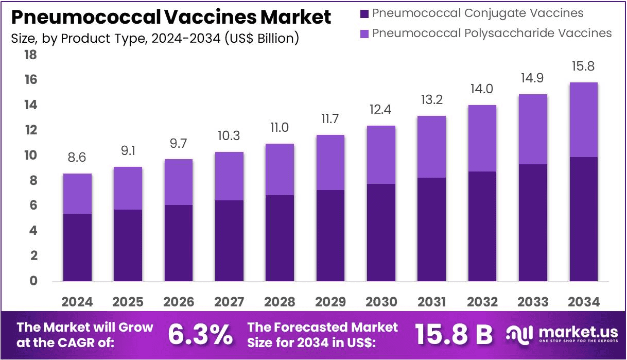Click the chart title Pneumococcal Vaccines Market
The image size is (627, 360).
[x=170, y=18]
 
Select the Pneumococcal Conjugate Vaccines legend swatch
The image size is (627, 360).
[x=364, y=13]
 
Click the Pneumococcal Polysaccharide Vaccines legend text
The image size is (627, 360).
[x=492, y=33]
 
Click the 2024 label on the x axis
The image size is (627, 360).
[x=77, y=302]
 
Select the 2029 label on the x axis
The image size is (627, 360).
[x=330, y=302]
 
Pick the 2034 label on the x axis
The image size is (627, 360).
[x=583, y=302]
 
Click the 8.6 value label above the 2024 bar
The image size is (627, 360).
[x=77, y=158]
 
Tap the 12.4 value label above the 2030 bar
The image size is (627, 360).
[x=381, y=110]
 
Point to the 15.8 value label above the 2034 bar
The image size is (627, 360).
[x=583, y=66]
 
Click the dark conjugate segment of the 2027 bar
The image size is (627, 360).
[x=229, y=241]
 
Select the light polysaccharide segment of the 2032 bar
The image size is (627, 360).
[x=482, y=138]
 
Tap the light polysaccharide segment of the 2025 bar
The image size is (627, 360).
[x=128, y=188]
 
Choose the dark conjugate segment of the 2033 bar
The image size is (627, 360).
[x=533, y=222]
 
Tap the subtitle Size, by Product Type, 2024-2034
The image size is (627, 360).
[x=154, y=38]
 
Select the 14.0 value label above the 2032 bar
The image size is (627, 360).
[x=482, y=89]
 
